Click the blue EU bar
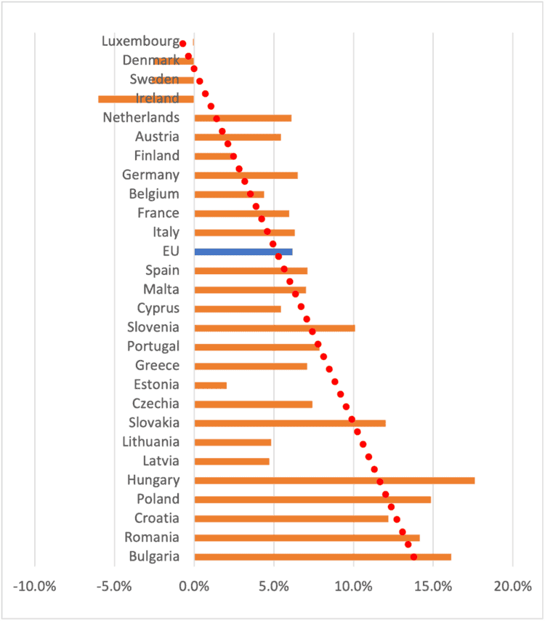point(243,252)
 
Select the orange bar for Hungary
point(334,480)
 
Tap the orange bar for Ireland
point(145,99)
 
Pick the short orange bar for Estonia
point(211,385)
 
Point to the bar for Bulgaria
point(323,557)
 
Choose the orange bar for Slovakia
point(290,422)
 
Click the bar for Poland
point(312,500)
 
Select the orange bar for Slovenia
point(275,328)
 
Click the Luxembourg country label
point(140,41)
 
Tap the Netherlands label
point(141,117)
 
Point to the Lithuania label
point(151,441)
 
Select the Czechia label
point(156,404)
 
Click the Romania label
point(151,537)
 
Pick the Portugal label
point(153,346)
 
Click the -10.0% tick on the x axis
point(35,587)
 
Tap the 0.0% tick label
point(194,587)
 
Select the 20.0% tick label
point(512,587)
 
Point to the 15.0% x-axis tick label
point(433,587)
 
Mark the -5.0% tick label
point(115,587)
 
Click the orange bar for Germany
point(246,175)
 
